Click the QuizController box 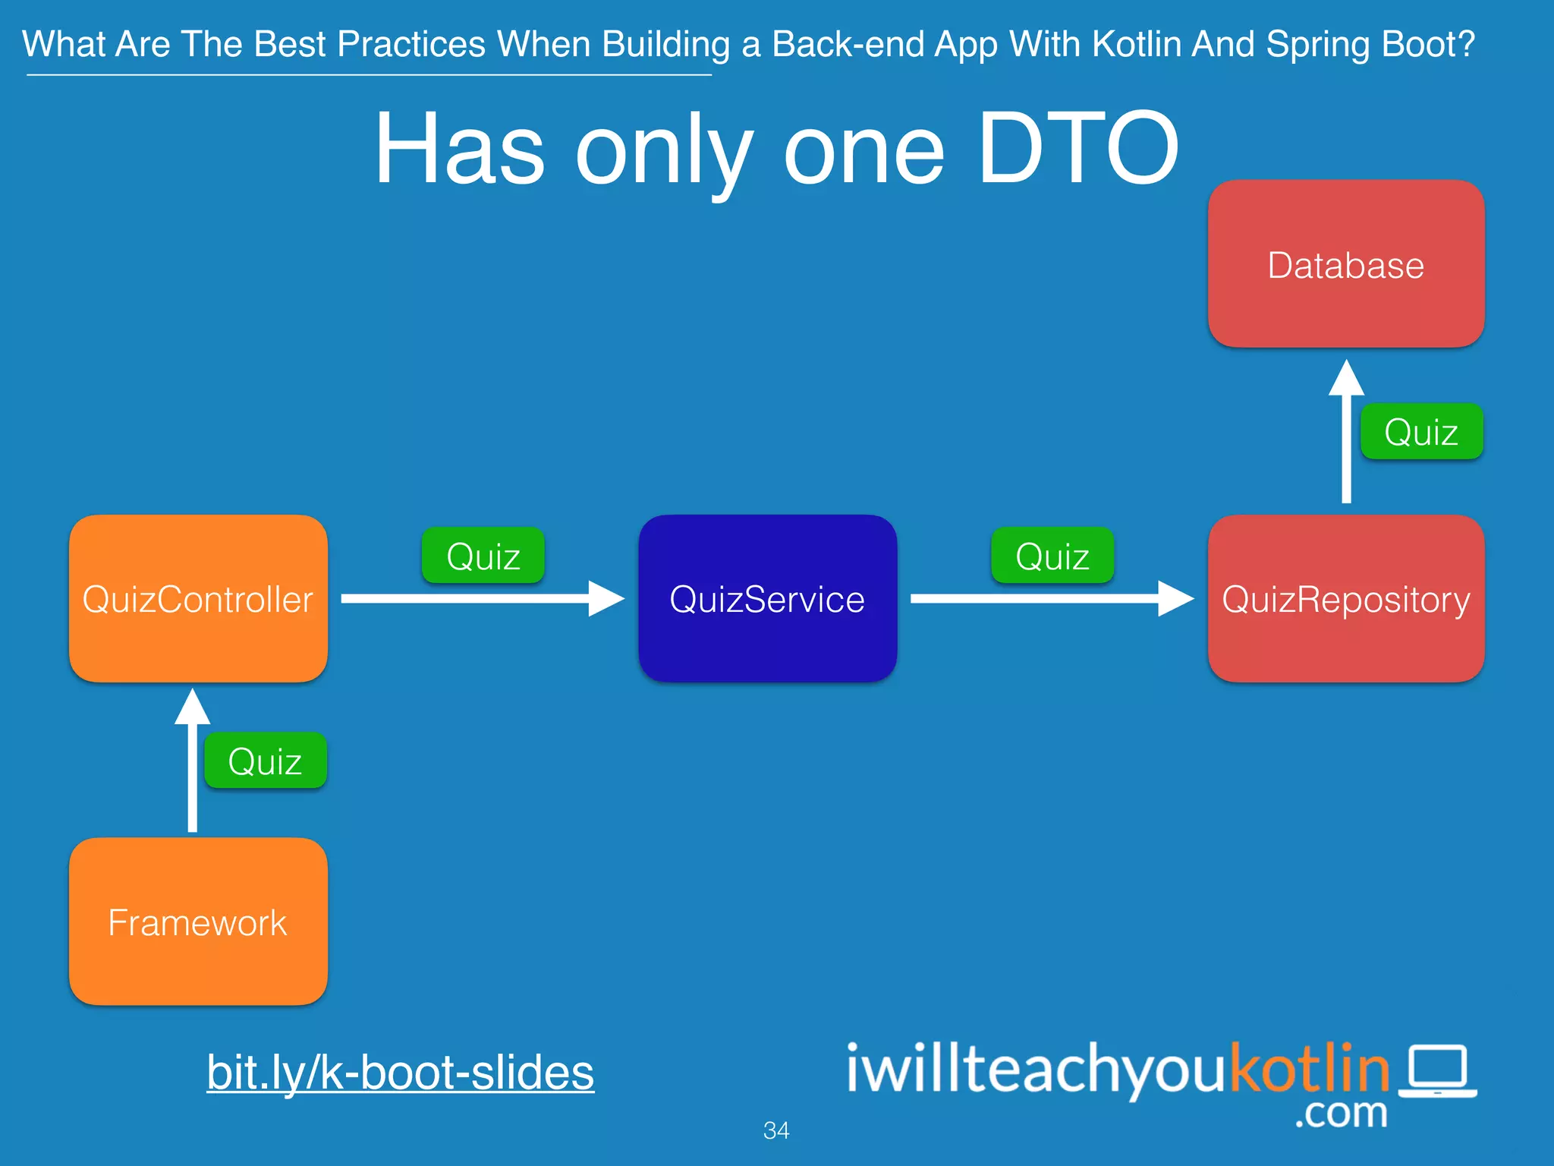(x=198, y=599)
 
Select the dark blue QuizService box (x=767, y=599)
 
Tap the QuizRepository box (x=1345, y=599)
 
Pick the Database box (x=1345, y=264)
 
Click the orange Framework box (x=198, y=922)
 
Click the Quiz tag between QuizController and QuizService (x=483, y=556)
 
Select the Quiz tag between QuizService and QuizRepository (x=1052, y=556)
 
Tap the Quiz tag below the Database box (x=1421, y=431)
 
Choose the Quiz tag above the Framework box (x=265, y=761)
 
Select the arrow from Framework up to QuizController (x=193, y=767)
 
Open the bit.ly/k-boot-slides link (x=400, y=1072)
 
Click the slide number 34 (x=776, y=1130)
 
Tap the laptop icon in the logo (x=1438, y=1070)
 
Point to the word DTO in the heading (x=1078, y=149)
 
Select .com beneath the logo (x=1341, y=1113)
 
